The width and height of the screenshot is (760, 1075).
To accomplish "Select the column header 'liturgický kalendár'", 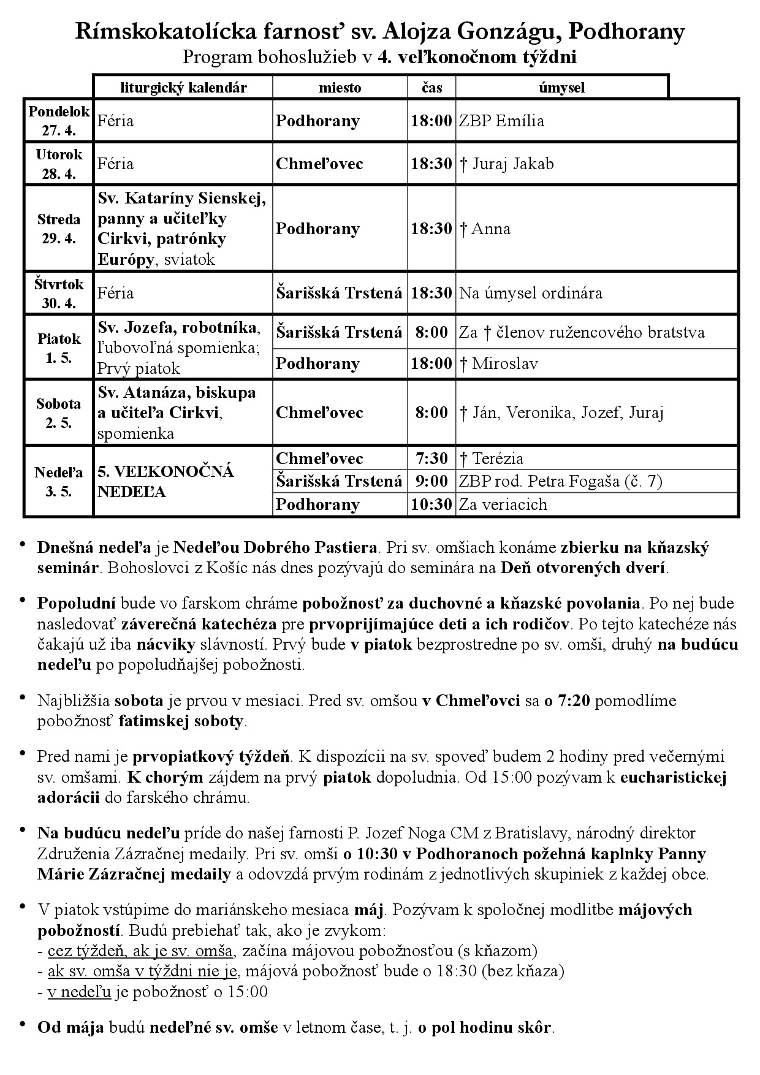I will coord(183,88).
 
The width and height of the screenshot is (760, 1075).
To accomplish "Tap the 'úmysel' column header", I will coord(561,88).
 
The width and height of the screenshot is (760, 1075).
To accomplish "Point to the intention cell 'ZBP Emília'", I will coord(501,121).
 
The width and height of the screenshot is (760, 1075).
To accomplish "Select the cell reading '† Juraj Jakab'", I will coord(506,164).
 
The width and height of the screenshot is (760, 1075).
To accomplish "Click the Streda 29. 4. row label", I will coord(59,229).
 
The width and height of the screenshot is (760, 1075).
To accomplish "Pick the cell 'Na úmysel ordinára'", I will coord(531,293).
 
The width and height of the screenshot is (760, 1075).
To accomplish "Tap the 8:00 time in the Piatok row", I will coord(431,333).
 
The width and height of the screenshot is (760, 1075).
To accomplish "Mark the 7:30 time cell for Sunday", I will coord(431,458).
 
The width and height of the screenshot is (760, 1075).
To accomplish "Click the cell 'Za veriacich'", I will coord(503,504).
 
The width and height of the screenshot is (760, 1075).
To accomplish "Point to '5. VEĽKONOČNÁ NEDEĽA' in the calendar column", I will coord(165,482).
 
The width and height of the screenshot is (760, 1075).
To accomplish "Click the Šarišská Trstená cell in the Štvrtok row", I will coord(339,293).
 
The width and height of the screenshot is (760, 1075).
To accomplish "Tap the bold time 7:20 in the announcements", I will coord(574,701).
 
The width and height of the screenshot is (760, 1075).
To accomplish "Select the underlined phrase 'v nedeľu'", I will coord(80,992).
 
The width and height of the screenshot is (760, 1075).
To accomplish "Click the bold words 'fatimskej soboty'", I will coord(181,721).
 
